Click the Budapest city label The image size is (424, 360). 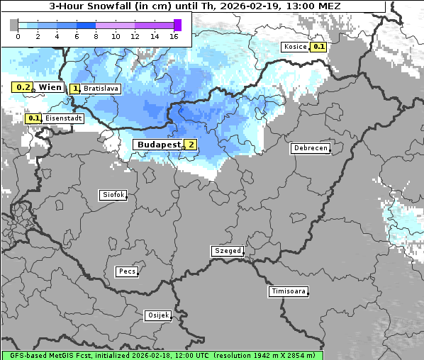(x=158, y=144)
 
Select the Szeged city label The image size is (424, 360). (x=228, y=251)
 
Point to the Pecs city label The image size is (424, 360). (x=127, y=271)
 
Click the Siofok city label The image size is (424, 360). (x=112, y=194)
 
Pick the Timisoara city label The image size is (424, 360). (x=288, y=291)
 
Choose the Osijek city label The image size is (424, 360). (x=157, y=315)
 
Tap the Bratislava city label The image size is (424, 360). (x=101, y=89)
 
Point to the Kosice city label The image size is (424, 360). (x=294, y=47)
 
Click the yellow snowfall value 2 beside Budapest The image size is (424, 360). (x=190, y=145)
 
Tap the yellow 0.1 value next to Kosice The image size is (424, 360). (x=318, y=47)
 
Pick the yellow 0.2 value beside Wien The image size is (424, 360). (x=23, y=87)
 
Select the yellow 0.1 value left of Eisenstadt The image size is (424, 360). (x=33, y=118)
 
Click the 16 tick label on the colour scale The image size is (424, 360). (x=174, y=36)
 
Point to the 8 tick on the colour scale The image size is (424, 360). (x=96, y=36)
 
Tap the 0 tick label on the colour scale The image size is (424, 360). (x=18, y=36)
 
